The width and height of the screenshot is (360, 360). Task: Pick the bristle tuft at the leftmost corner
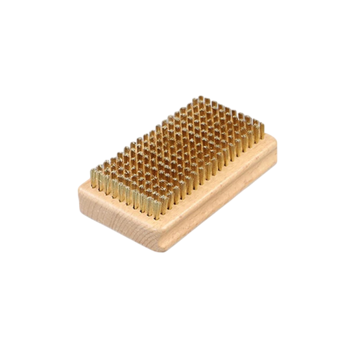[94, 175]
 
